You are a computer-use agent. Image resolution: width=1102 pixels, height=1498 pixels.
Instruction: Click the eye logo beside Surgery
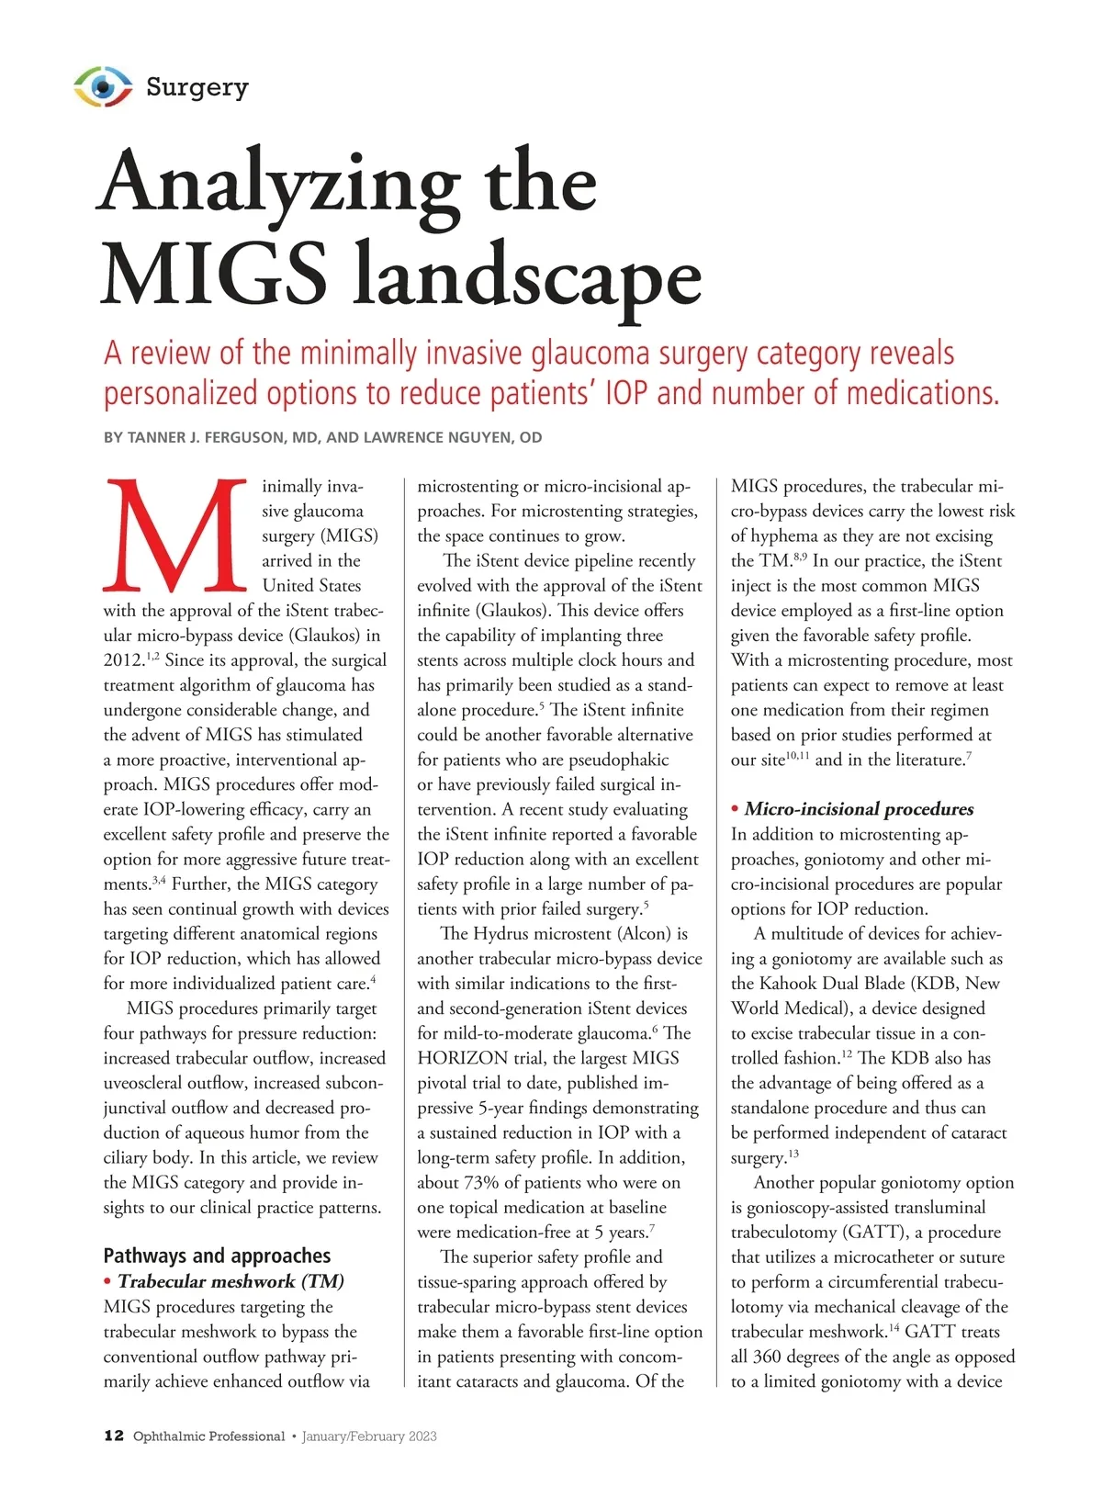tap(103, 86)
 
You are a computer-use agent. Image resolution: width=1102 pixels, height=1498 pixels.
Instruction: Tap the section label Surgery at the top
tap(197, 87)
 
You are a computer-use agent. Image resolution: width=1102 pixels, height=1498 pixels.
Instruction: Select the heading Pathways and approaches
tap(217, 1256)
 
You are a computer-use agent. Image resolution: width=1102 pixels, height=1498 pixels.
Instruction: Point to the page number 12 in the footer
tap(114, 1436)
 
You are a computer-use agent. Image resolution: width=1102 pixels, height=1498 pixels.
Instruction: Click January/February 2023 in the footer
tap(369, 1436)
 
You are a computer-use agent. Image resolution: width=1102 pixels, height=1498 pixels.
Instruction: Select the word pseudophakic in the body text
tap(618, 760)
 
